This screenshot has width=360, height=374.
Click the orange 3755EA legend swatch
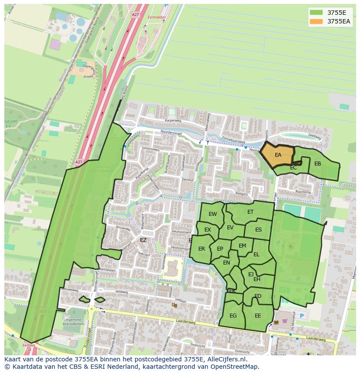[317, 21]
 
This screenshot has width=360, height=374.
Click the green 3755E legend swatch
[317, 13]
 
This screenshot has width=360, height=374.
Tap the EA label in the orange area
[278, 155]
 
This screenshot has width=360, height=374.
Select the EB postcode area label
[317, 164]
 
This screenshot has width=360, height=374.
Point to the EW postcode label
[213, 214]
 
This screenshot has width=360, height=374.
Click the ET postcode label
[250, 212]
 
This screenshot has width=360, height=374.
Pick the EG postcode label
[233, 316]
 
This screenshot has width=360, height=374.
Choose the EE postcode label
[258, 316]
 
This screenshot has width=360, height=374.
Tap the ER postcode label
[201, 249]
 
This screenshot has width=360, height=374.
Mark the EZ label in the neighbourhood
[143, 240]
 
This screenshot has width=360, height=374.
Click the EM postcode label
[242, 246]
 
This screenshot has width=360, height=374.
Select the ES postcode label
[258, 230]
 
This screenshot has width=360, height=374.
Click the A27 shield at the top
[135, 14]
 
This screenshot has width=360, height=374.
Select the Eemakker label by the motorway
[157, 18]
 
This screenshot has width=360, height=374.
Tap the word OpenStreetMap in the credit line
[235, 367]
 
